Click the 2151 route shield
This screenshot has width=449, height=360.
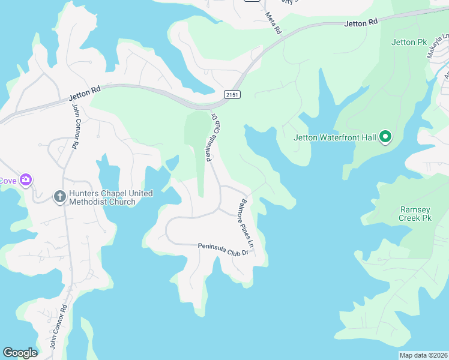pos(232,95)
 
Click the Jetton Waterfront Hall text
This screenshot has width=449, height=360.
pos(335,137)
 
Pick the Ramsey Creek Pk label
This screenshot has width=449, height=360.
pos(415,214)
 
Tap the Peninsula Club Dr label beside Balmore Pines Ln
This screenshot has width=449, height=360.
pos(223,250)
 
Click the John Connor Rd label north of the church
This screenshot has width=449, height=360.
pos(76,127)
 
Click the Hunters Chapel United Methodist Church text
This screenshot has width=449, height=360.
pos(110,197)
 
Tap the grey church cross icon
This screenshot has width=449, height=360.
pos(59,196)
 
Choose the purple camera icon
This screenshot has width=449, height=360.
pos(26,179)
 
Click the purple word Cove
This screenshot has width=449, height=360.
pos(8,180)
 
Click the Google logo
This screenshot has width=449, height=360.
pos(20,353)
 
